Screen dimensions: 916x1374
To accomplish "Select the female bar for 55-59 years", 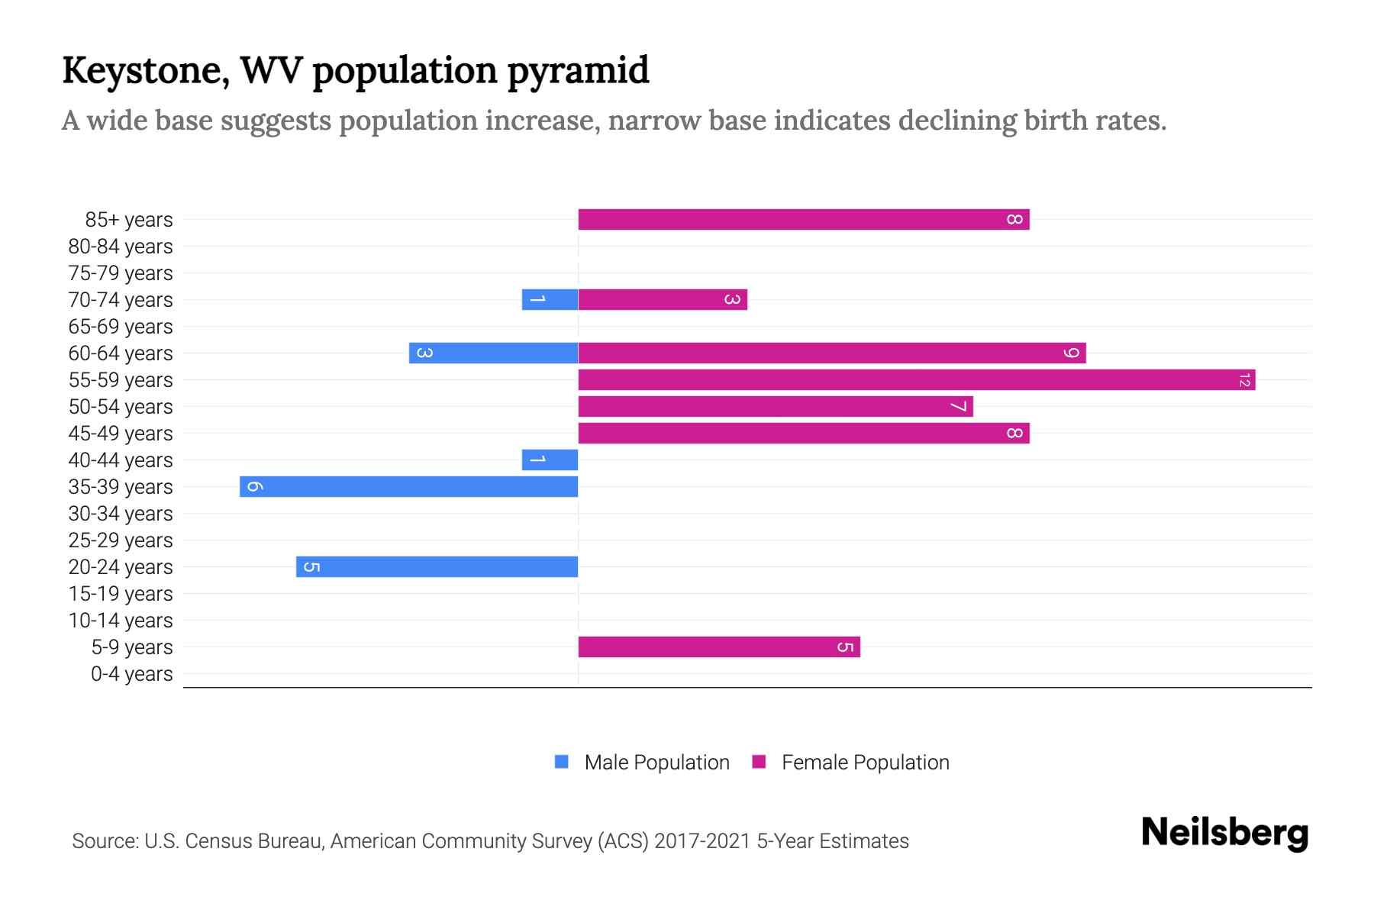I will click(x=916, y=380).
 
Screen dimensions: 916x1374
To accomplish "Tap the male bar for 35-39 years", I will click(x=409, y=487).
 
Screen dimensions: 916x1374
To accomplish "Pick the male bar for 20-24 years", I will click(x=437, y=567).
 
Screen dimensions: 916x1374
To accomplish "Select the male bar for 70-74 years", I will click(x=550, y=300).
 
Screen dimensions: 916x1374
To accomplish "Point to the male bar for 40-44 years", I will click(x=550, y=460).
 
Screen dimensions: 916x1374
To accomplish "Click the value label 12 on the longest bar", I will click(x=1244, y=380).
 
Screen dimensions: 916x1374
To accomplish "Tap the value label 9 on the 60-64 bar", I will click(x=1072, y=353).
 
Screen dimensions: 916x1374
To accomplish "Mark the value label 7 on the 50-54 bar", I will click(x=958, y=407).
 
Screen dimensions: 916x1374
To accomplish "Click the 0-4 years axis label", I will click(x=131, y=674).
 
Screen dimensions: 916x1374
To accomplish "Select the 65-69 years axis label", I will click(x=121, y=327).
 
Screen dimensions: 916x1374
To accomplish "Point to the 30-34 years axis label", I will click(x=121, y=514).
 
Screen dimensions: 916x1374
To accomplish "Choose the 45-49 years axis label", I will click(x=121, y=434).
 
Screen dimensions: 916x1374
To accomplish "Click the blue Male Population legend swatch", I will click(x=562, y=762).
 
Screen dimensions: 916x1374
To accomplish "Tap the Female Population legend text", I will click(x=865, y=763).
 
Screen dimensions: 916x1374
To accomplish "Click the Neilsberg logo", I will click(x=1224, y=833).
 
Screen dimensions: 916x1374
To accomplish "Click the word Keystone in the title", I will click(x=145, y=70).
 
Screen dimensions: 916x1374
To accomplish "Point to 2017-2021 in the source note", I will click(x=702, y=841).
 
